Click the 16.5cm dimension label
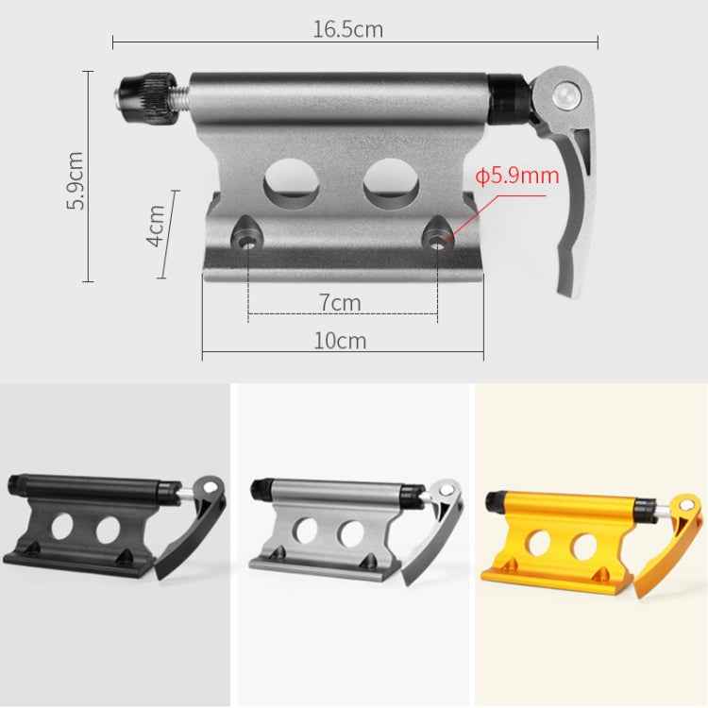click(347, 29)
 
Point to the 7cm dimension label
click(339, 303)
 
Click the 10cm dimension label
click(340, 341)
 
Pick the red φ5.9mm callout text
click(516, 176)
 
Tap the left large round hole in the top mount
click(292, 183)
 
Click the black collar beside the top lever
click(510, 99)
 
